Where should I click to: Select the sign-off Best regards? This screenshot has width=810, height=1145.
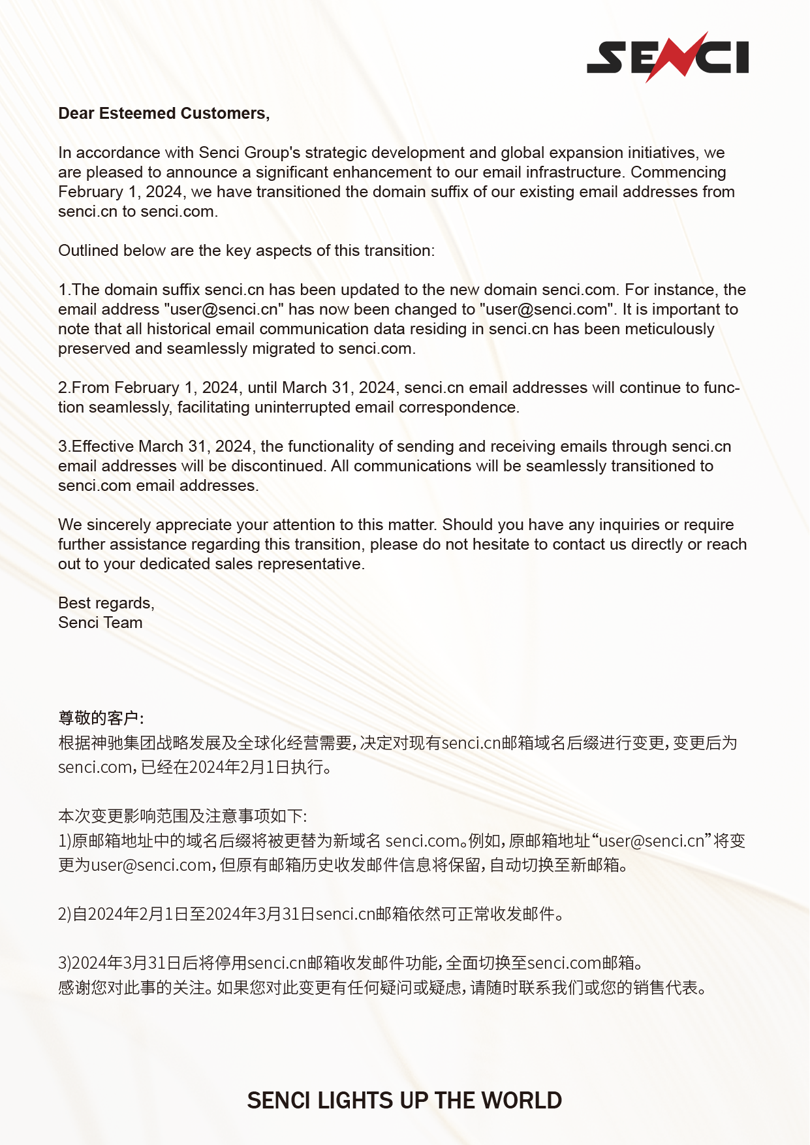point(106,603)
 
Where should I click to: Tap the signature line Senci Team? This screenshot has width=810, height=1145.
point(100,623)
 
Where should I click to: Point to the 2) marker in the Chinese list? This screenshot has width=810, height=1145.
point(65,914)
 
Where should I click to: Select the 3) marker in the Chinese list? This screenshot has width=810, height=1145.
point(65,963)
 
